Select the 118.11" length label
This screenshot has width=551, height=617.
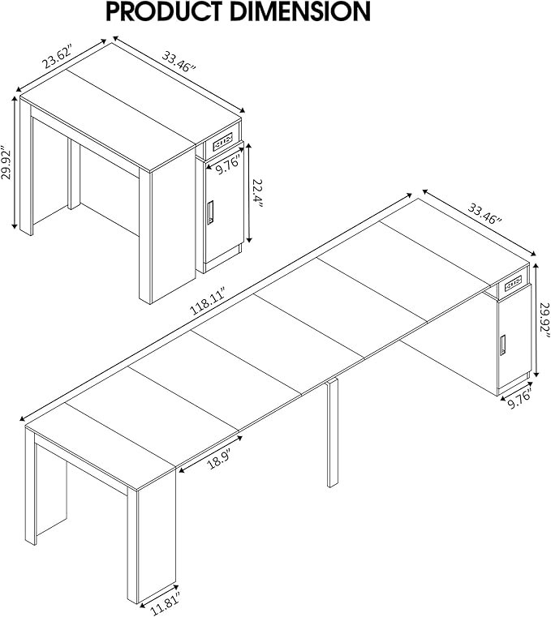(x=207, y=306)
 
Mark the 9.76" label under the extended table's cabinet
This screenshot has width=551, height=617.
(x=519, y=397)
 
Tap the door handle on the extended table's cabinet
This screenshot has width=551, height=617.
(x=504, y=345)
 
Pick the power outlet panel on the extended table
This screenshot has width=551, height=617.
(x=513, y=284)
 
